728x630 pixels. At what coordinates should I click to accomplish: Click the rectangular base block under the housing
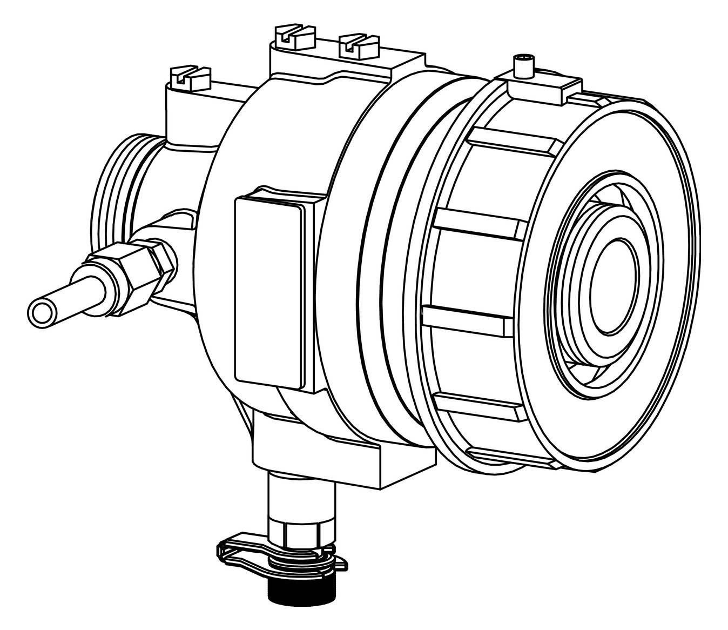(x=346, y=459)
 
